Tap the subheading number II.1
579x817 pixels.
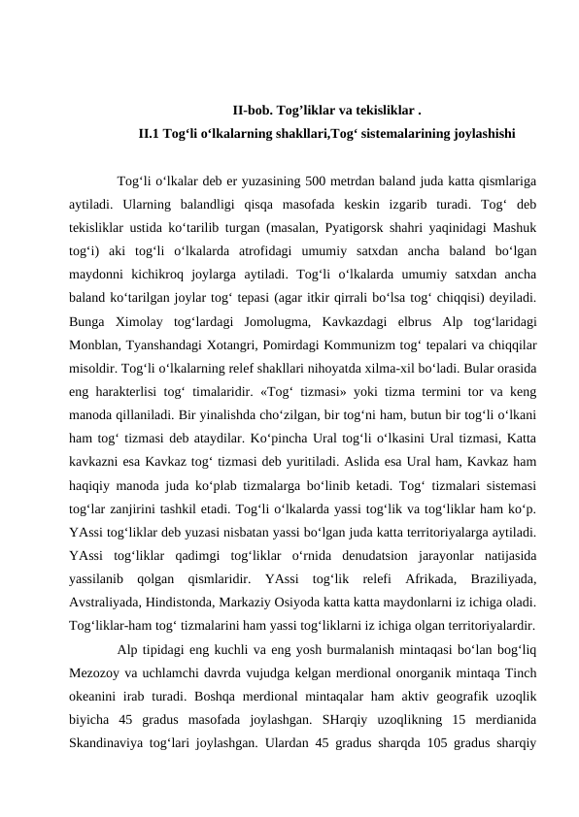(150, 133)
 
